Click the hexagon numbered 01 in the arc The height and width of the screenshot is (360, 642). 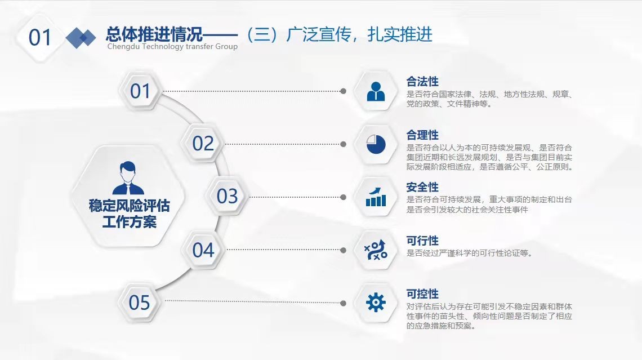[140, 91]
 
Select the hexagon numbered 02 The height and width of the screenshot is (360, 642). [203, 143]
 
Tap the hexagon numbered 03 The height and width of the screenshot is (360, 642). [228, 196]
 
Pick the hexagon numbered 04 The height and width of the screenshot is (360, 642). [203, 250]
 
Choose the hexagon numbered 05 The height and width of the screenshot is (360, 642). [139, 303]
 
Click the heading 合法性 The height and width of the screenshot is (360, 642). [422, 81]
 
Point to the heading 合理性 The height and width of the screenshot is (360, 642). [422, 135]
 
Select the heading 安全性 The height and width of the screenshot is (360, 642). [422, 187]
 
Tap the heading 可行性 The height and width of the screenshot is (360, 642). [422, 241]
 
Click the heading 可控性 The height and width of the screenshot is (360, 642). [422, 294]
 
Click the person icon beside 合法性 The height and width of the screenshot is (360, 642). [376, 91]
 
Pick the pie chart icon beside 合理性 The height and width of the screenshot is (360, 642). [376, 144]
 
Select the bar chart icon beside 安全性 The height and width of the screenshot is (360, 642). [376, 197]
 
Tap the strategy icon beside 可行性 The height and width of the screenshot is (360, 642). [376, 250]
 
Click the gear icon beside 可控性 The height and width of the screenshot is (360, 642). [376, 303]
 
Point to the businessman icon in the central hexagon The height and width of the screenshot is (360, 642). [128, 178]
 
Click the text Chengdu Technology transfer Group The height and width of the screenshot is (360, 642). [172, 47]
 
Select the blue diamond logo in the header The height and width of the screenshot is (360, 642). [81, 38]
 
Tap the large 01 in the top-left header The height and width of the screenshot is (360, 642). [40, 38]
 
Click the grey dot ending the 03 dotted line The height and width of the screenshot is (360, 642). [343, 197]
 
